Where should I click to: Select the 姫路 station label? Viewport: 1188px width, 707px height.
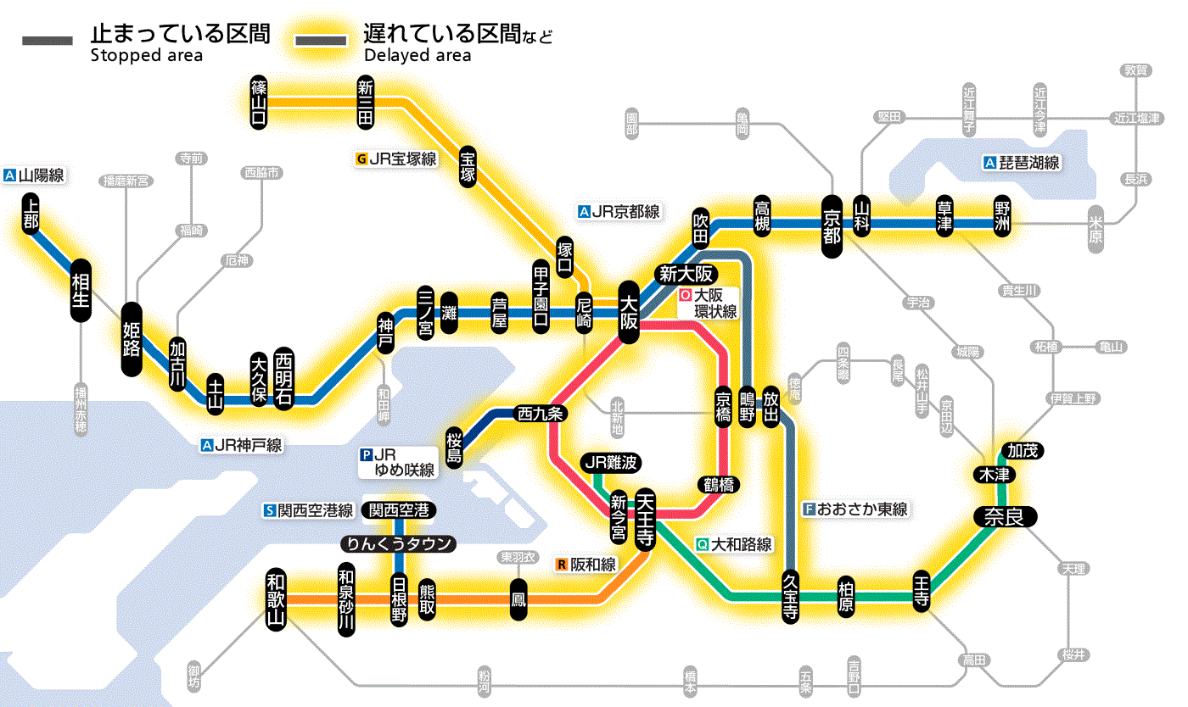coord(132,339)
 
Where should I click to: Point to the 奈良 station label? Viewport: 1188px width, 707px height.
coord(1004,516)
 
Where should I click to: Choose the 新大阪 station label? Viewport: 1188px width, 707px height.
coord(686,274)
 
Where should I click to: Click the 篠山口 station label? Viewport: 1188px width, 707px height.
coord(259,102)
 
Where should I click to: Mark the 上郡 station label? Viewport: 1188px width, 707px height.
coord(31,213)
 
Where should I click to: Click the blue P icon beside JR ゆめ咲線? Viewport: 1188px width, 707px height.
coord(367,454)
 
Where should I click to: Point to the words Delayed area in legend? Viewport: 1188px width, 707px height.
coord(417,56)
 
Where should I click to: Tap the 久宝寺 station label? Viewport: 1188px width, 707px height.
coord(790,597)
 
